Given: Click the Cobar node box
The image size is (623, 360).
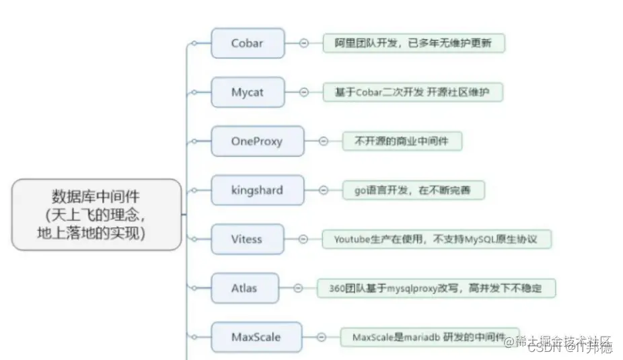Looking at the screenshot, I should click(x=247, y=43).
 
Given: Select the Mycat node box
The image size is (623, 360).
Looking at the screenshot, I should click(x=247, y=92).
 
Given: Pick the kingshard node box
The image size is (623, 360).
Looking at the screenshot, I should click(x=257, y=190).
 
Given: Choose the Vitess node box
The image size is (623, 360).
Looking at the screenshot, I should click(x=247, y=239).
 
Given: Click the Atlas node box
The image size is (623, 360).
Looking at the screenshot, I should click(x=244, y=288).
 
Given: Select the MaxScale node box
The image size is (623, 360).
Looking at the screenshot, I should click(x=256, y=336).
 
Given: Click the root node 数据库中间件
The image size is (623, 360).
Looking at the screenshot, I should click(x=96, y=215).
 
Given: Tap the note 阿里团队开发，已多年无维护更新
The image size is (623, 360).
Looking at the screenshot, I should click(x=413, y=43).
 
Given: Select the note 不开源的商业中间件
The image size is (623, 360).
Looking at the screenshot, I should click(x=402, y=141).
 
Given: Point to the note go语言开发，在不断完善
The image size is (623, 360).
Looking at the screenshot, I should click(x=414, y=190).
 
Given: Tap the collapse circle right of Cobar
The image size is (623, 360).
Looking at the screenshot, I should click(x=303, y=43).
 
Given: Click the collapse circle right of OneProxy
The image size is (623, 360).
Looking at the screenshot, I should click(x=323, y=141).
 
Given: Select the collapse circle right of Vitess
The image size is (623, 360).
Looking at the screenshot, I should click(x=303, y=239).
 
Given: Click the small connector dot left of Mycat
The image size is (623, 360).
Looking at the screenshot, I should click(x=194, y=92).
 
